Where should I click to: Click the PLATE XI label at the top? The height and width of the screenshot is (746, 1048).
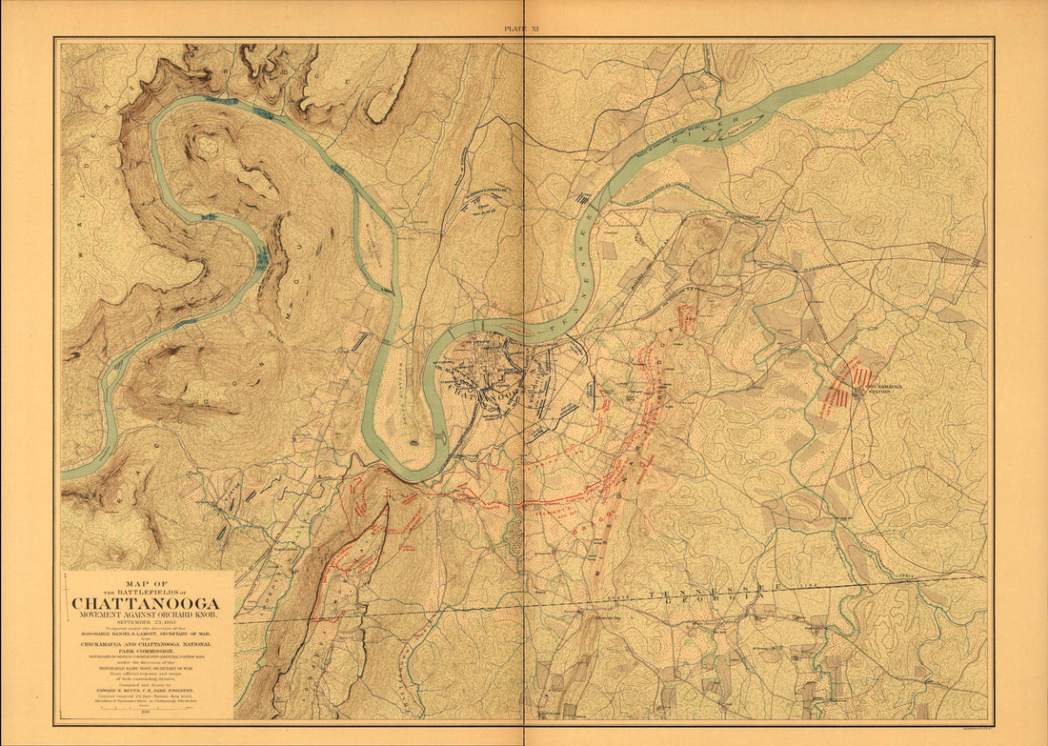tap(522, 30)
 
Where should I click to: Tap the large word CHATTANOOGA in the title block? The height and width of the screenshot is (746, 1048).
tap(145, 603)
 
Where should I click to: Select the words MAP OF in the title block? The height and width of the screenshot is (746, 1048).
tap(146, 583)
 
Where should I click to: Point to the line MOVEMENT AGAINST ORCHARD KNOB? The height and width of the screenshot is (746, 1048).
tap(145, 615)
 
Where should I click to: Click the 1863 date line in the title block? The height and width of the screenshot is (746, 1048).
tap(145, 623)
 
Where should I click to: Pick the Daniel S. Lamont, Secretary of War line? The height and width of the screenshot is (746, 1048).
tap(145, 635)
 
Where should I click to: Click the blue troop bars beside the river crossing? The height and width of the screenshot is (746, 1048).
tap(580, 199)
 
